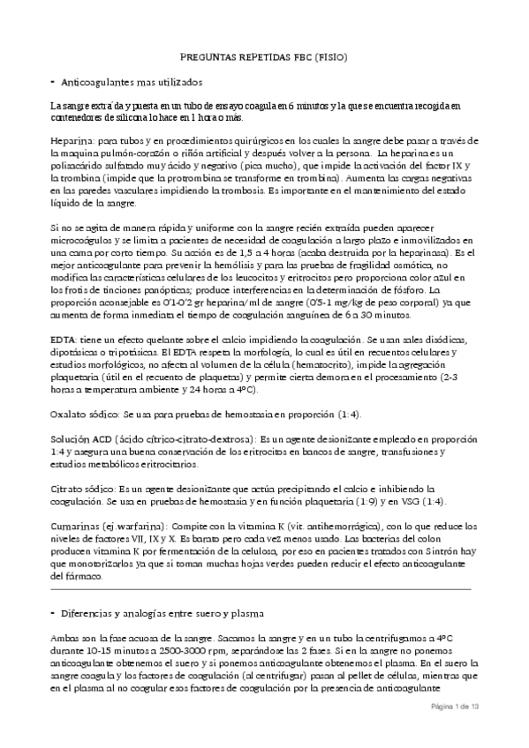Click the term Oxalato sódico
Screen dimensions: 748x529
[84, 415]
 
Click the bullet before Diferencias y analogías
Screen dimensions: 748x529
[53, 612]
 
